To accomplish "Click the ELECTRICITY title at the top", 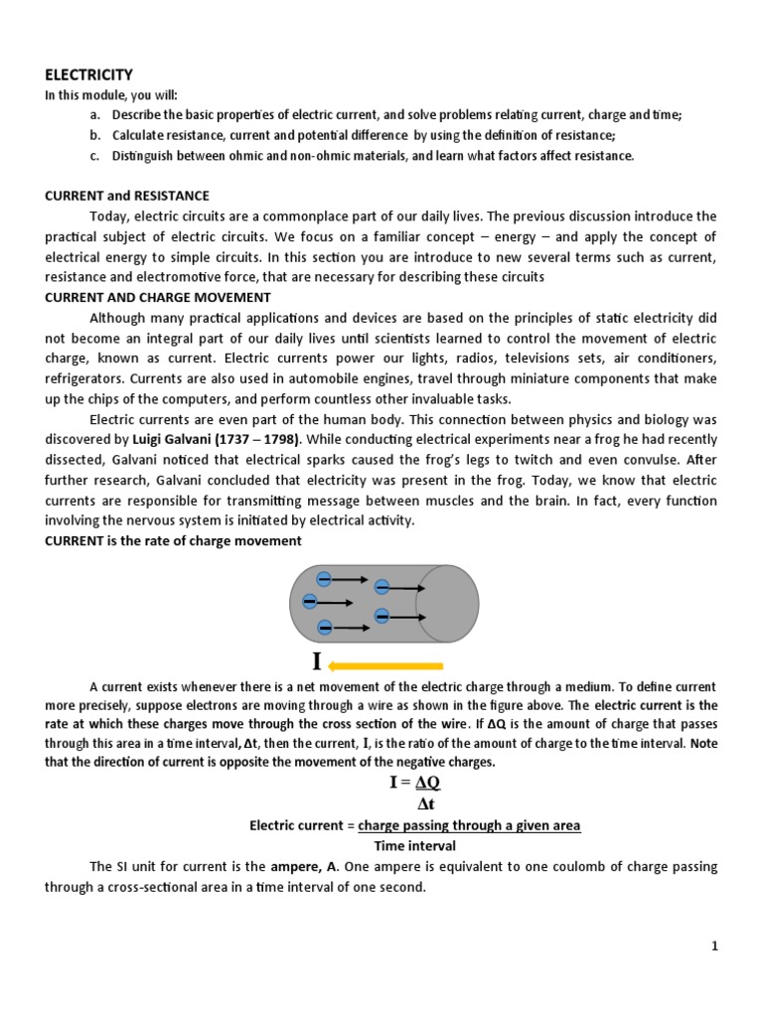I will click(x=88, y=74).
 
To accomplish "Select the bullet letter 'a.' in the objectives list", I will click(x=94, y=115).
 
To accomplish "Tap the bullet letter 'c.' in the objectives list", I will click(x=94, y=156).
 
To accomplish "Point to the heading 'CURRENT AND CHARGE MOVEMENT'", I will click(x=158, y=297).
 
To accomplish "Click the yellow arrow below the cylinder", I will click(x=385, y=665).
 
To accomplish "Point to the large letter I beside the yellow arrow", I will click(x=317, y=663).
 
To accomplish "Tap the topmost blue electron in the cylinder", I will click(x=324, y=579).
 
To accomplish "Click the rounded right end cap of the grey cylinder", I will click(x=447, y=604).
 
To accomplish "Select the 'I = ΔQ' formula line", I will click(x=415, y=783).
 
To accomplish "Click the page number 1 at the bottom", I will click(x=713, y=946).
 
